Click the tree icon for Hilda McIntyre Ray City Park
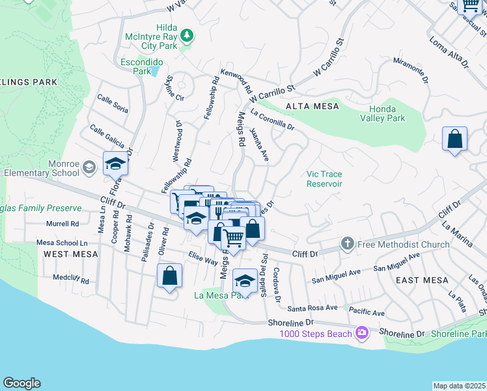pyautogui.click(x=187, y=35)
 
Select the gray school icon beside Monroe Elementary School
pyautogui.click(x=88, y=168)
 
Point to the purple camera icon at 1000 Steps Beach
pyautogui.click(x=361, y=333)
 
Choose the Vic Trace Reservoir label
pyautogui.click(x=324, y=179)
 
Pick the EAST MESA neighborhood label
pyautogui.click(x=422, y=280)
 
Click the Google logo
pyautogui.click(x=21, y=383)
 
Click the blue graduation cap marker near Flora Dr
pyautogui.click(x=115, y=164)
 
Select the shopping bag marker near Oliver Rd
pyautogui.click(x=169, y=276)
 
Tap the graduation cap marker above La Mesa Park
pyautogui.click(x=245, y=280)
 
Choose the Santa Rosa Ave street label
pyautogui.click(x=313, y=308)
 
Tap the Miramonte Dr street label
pyautogui.click(x=410, y=67)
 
